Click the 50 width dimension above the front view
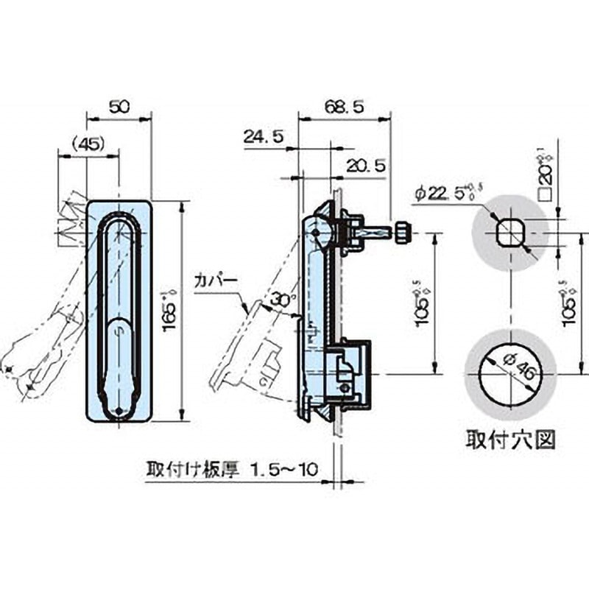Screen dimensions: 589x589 click(119, 107)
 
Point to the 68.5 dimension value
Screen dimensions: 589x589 click(344, 107)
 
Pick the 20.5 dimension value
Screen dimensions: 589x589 click(366, 166)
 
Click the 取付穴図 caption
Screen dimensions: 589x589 click(509, 440)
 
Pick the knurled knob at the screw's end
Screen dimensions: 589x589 click(402, 233)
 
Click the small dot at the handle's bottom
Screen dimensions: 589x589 click(120, 411)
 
